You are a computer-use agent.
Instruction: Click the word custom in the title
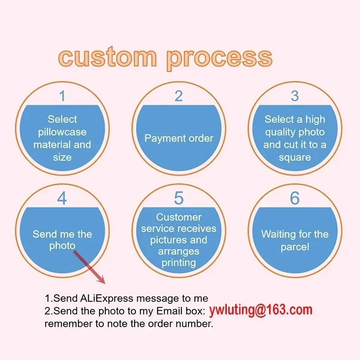[107, 58]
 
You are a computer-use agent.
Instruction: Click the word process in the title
[220, 58]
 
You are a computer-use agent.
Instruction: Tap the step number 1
[62, 96]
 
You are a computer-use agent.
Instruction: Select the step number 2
[179, 96]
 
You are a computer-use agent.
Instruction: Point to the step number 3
[295, 96]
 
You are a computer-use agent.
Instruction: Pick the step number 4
[62, 198]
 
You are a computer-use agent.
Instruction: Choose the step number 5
[179, 198]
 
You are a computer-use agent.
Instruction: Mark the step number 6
[295, 198]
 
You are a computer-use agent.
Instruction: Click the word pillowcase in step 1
[62, 132]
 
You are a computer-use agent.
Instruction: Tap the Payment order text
[179, 138]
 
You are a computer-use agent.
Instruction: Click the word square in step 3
[295, 157]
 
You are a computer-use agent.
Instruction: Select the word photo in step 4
[62, 246]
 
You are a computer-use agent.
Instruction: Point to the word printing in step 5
[179, 262]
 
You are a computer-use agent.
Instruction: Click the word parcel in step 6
[295, 247]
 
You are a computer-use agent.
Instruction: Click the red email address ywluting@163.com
[261, 310]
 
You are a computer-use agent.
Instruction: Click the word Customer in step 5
[179, 217]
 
